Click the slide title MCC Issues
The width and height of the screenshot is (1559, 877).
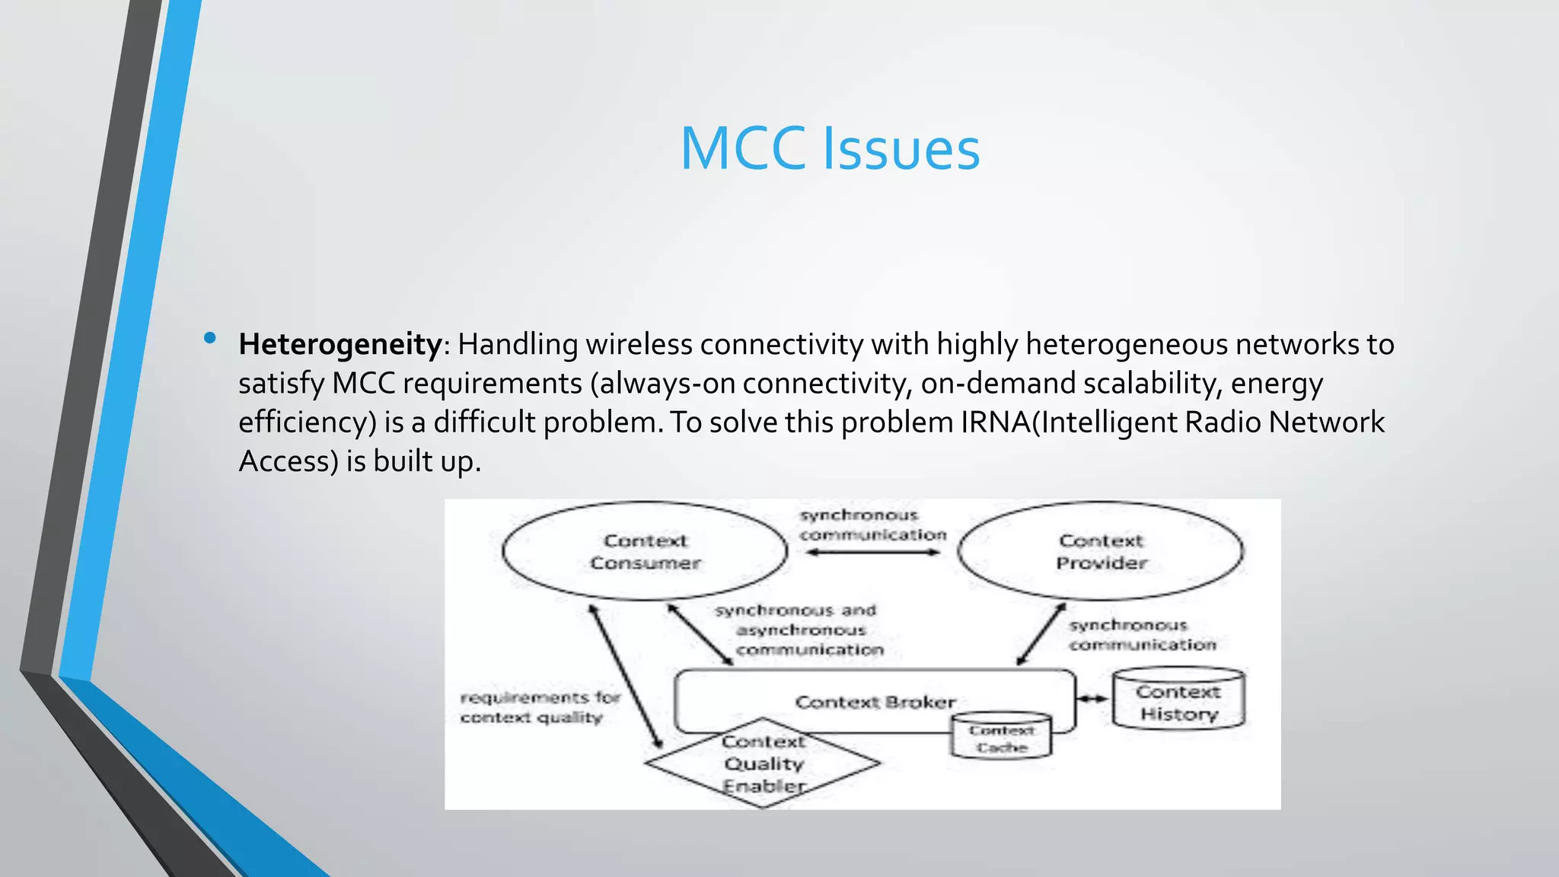(830, 148)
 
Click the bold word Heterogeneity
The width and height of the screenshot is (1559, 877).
(340, 345)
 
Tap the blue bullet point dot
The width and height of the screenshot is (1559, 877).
(210, 338)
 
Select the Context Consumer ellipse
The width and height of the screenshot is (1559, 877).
(644, 551)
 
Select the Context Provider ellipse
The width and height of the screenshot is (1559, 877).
(1101, 551)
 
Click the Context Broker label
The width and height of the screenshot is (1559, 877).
(875, 702)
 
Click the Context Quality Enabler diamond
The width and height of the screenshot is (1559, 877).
(763, 764)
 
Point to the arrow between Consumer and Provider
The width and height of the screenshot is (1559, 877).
(873, 552)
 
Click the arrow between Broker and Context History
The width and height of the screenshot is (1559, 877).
(1093, 699)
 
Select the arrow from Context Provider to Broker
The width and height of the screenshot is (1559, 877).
(1041, 634)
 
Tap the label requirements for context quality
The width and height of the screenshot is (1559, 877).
(540, 707)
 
